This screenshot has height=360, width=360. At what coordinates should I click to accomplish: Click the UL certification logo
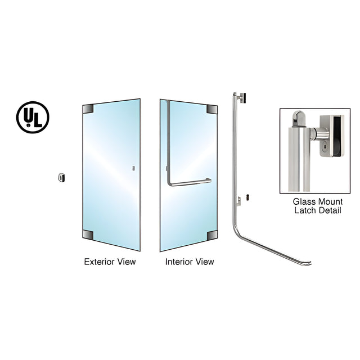click(33, 117)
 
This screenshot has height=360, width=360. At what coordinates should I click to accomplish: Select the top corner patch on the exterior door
click(88, 109)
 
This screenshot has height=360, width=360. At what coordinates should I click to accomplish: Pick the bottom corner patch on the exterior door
click(88, 235)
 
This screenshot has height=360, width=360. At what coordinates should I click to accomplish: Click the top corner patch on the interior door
click(212, 110)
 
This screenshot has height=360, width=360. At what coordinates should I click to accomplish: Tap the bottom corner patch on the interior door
click(212, 235)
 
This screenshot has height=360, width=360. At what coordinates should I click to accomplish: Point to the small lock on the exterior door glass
click(133, 168)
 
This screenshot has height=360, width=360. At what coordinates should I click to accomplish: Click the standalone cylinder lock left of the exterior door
click(61, 178)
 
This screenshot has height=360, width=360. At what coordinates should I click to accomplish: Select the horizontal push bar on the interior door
click(191, 182)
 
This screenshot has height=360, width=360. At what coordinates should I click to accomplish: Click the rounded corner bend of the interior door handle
click(170, 183)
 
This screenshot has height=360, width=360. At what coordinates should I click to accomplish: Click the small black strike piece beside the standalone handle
click(247, 197)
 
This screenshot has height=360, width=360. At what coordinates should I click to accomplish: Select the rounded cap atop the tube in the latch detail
click(298, 118)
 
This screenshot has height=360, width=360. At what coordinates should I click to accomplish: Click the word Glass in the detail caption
click(304, 201)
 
